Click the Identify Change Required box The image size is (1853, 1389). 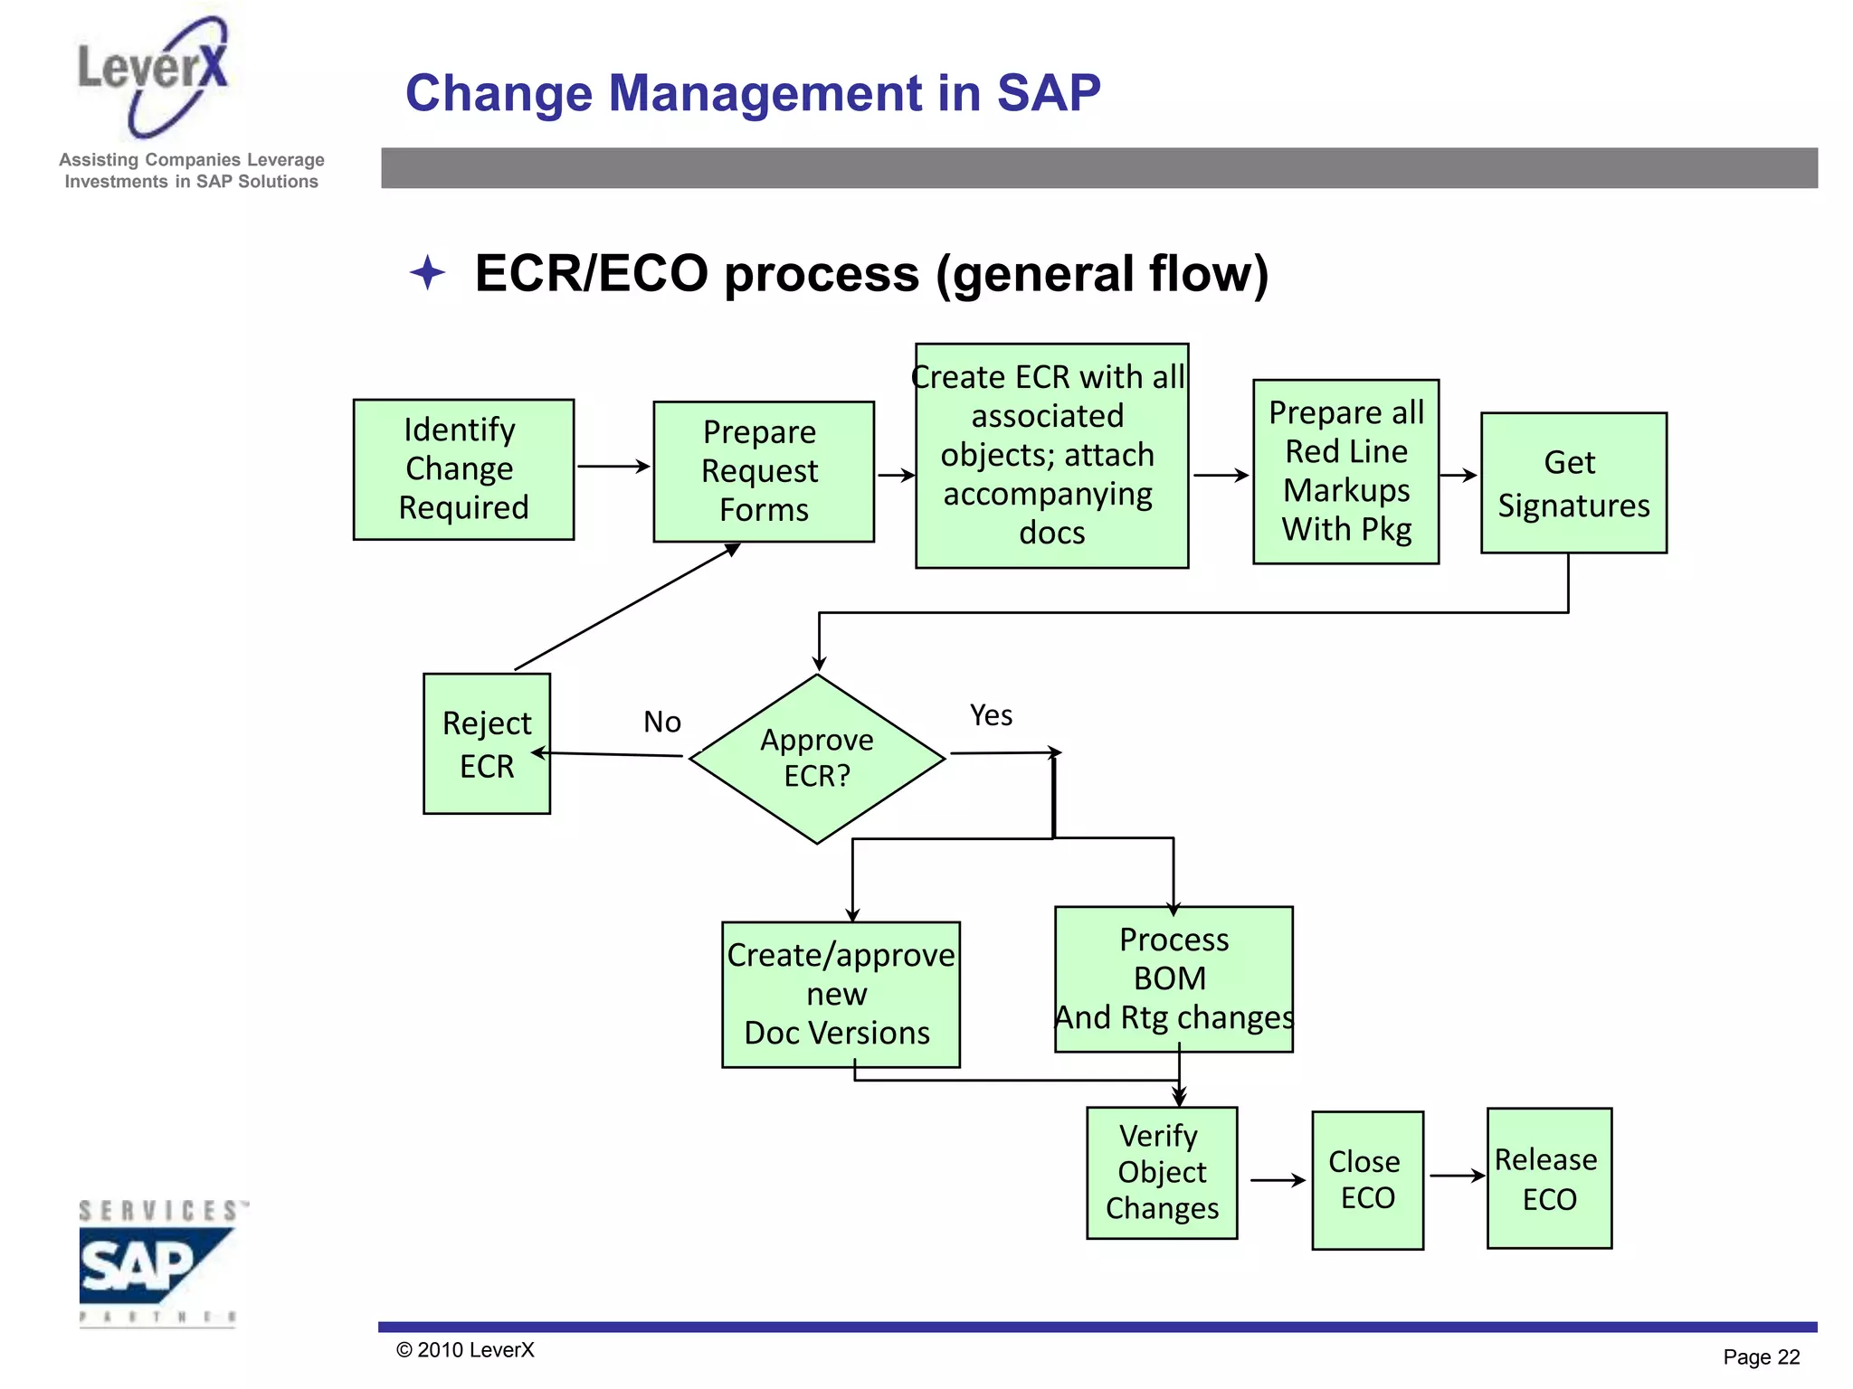click(463, 469)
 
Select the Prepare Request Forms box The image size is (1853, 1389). click(763, 471)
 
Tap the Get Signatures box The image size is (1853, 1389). click(1573, 483)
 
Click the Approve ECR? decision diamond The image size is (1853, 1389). click(817, 758)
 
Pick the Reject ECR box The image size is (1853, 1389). click(486, 743)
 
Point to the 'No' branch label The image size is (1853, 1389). click(661, 722)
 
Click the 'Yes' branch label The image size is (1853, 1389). click(991, 715)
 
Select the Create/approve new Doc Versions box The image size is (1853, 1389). click(840, 994)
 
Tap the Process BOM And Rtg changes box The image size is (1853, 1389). click(1173, 978)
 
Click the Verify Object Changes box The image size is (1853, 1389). click(1161, 1172)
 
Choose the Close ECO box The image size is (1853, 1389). click(1366, 1179)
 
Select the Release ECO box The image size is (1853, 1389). click(1548, 1177)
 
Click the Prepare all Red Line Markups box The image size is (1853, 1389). click(1345, 471)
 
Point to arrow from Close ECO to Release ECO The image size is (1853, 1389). click(1456, 1176)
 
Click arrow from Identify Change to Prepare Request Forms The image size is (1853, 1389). click(613, 467)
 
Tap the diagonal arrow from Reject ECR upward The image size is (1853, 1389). click(627, 607)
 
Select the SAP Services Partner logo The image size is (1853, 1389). click(157, 1262)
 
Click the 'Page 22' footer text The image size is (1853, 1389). click(1760, 1356)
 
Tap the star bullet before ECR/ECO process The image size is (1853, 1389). click(427, 272)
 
